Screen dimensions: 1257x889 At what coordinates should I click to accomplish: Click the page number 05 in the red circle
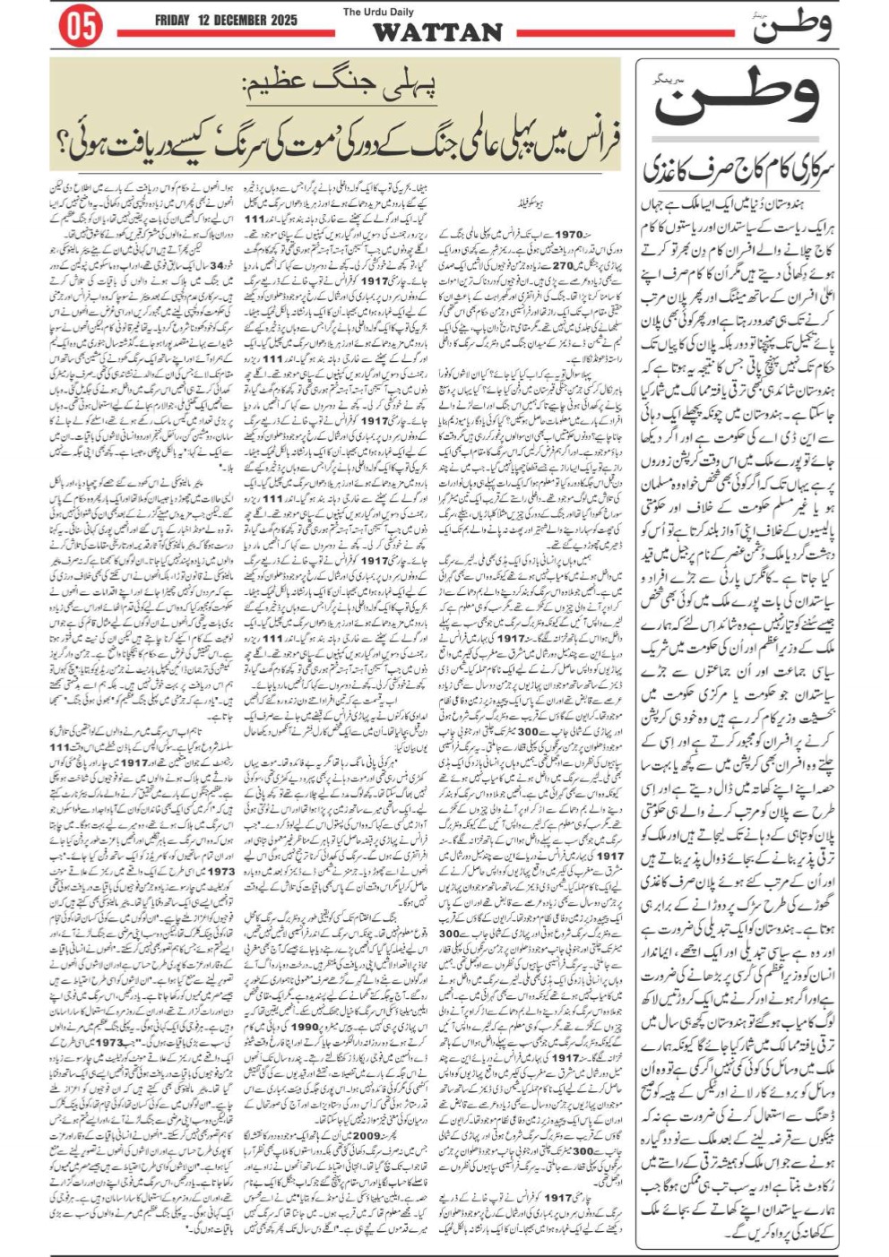coord(80,27)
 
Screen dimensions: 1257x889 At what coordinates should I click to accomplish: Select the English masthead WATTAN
coord(437,33)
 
